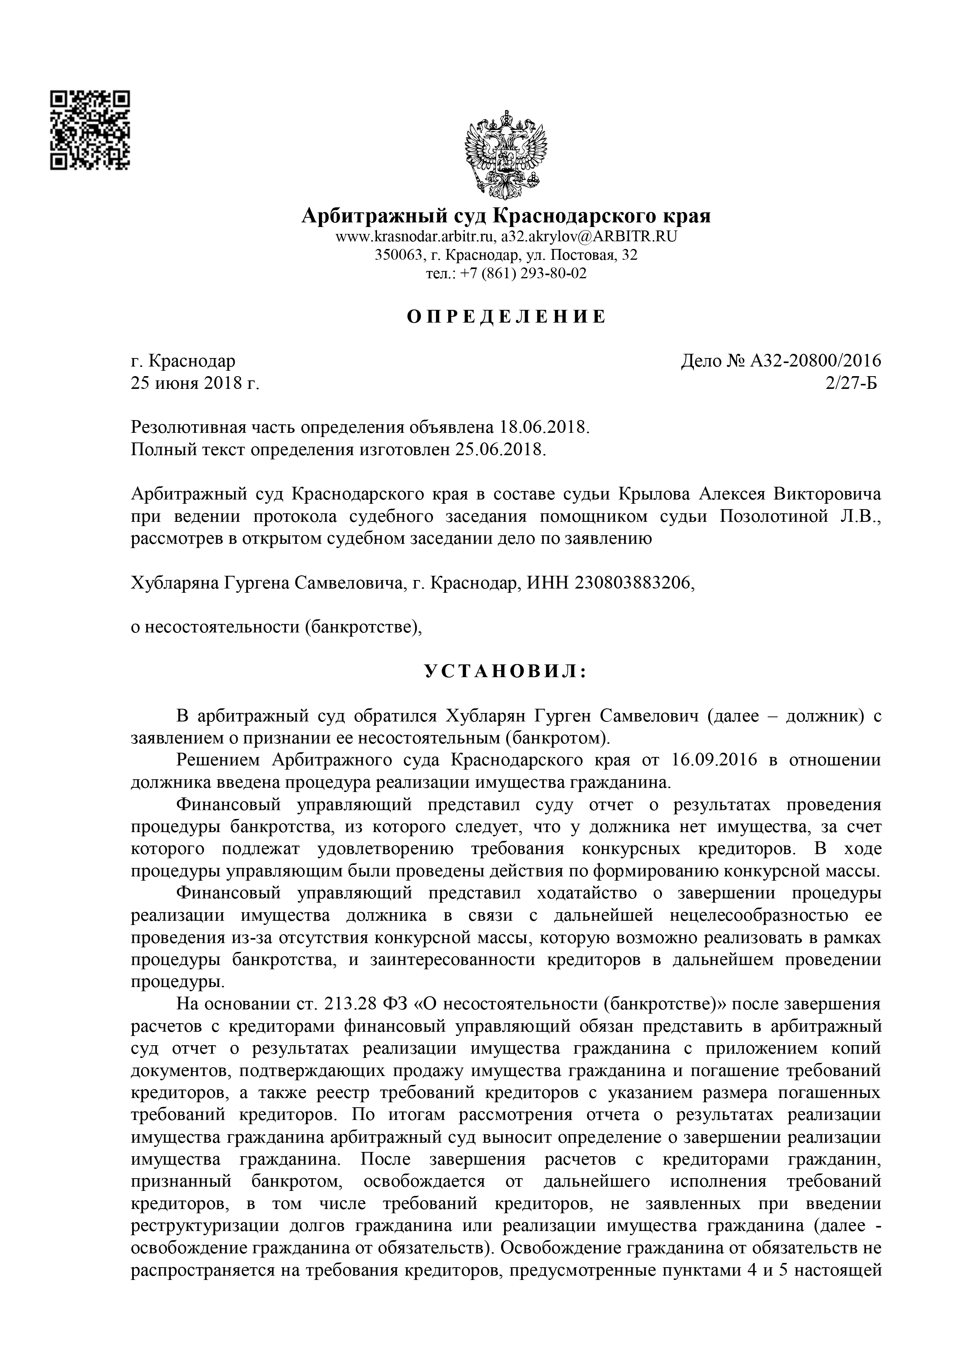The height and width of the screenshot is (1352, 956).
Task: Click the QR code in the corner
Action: coord(89,131)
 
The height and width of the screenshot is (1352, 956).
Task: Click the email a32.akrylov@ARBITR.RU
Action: coord(589,237)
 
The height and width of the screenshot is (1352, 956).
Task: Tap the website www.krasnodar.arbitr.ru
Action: coord(416,237)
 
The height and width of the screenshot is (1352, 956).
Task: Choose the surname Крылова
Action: coord(655,493)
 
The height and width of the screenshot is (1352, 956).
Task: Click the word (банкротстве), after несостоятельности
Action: coord(364,627)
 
